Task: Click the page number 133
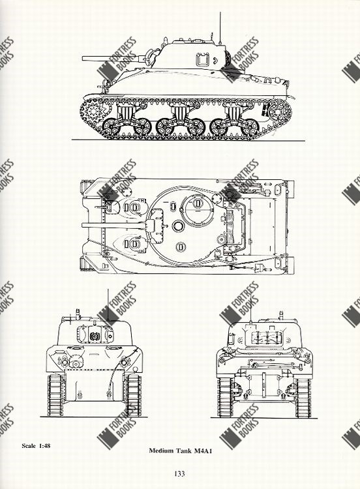point(180,474)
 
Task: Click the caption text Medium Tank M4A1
point(180,451)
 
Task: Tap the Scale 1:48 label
point(36,445)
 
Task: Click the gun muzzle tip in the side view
point(83,58)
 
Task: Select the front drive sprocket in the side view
point(93,111)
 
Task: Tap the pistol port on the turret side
point(202,59)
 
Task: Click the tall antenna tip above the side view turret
point(220,13)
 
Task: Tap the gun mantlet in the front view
point(95,334)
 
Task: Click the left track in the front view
point(55,396)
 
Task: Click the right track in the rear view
point(303,398)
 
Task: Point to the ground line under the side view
point(188,140)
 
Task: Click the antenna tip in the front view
point(108,289)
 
